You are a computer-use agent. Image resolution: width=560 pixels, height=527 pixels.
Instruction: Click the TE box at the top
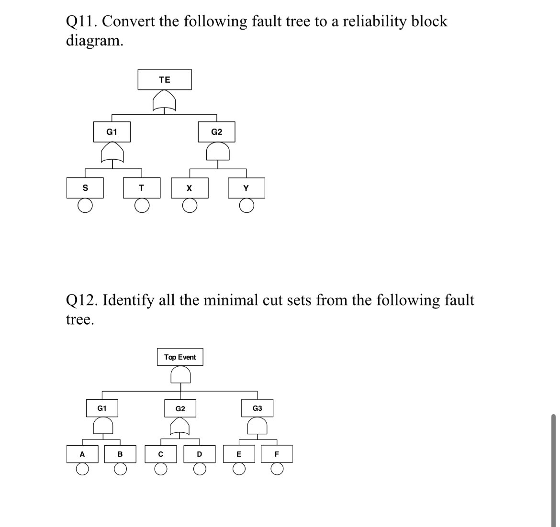164,80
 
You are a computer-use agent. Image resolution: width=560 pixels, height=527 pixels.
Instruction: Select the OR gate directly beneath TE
164,101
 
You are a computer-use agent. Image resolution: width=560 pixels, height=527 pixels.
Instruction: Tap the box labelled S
85,188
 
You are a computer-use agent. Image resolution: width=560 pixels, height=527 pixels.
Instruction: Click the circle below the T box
141,206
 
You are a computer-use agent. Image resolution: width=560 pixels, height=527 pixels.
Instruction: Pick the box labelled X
190,188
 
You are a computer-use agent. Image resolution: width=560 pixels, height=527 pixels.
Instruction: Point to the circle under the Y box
246,206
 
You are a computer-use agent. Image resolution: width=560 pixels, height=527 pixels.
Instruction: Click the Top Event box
180,357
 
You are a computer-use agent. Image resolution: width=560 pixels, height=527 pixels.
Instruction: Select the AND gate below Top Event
180,374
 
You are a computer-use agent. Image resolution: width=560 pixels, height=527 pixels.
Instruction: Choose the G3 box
258,408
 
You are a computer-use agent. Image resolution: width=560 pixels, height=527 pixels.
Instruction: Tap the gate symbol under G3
258,425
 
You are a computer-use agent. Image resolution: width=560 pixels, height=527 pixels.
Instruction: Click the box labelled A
82,454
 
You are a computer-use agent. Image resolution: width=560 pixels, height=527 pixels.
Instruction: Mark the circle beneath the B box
120,471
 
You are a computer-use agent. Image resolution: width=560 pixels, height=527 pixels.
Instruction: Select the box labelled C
161,454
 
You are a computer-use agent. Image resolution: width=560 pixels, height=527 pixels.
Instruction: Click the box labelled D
199,454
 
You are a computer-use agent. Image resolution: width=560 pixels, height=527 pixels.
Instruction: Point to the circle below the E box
239,471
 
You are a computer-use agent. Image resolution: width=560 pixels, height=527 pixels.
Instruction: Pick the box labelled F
277,454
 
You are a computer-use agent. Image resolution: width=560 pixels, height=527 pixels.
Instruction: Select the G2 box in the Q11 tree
217,132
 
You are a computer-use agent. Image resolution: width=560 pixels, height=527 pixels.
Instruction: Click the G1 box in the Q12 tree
102,408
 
